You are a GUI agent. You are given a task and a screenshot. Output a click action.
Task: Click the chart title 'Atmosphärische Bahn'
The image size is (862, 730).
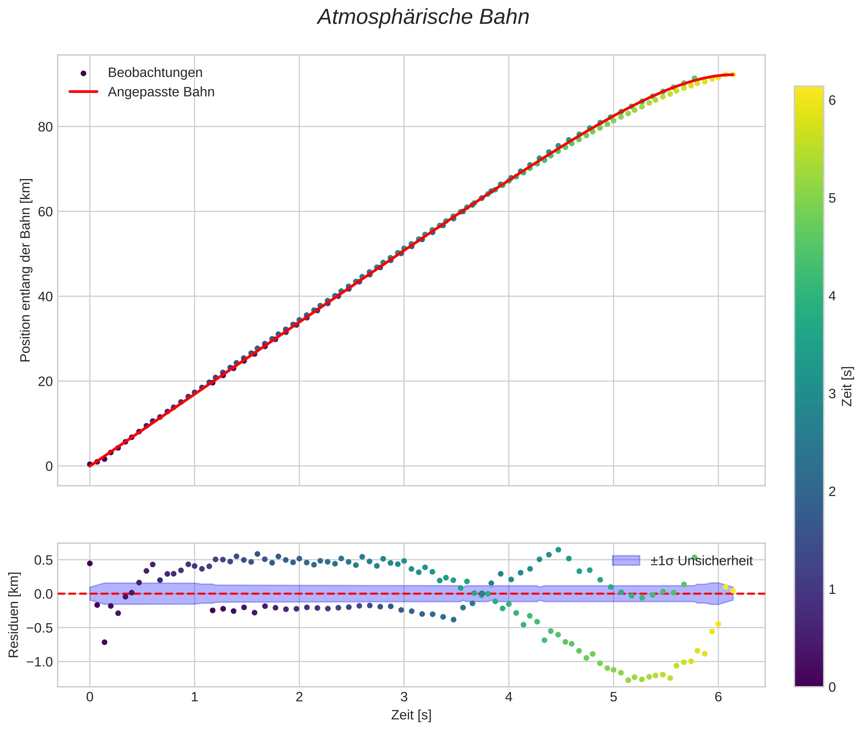point(423,17)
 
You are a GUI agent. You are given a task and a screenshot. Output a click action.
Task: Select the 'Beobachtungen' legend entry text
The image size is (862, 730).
point(155,72)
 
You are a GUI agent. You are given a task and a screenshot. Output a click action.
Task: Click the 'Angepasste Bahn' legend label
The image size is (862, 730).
point(161,92)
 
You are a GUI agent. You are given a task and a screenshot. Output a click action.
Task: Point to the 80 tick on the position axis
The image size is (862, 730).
point(45,127)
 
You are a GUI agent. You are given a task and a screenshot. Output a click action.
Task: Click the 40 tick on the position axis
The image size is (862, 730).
point(45,297)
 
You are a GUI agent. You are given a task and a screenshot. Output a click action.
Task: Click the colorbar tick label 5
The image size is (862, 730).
point(832,199)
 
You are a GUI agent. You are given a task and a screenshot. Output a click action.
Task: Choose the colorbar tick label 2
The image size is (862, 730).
point(832,492)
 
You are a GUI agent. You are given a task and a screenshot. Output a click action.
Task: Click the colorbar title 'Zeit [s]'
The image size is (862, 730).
point(847,386)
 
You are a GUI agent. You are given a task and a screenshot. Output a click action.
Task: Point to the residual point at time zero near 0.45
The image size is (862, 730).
point(90,563)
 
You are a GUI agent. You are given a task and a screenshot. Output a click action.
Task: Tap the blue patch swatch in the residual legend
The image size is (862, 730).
point(626,560)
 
